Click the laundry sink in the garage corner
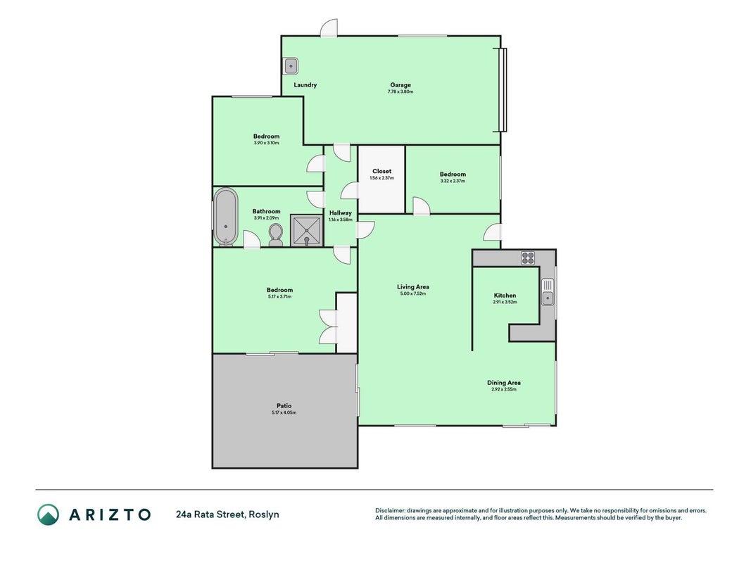pos(291,66)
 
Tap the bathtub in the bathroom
pos(226,217)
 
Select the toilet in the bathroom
pos(275,235)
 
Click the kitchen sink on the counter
pos(548,292)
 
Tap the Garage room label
pos(400,84)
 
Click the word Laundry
pos(305,84)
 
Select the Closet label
pos(381,171)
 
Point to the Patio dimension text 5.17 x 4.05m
pos(284,412)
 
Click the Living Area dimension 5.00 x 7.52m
pos(413,293)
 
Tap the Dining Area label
pos(504,383)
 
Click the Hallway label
pos(341,213)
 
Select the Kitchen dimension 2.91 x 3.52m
pos(505,302)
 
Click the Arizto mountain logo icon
pos(49,514)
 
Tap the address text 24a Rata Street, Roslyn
pos(227,514)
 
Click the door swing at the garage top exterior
pos(329,27)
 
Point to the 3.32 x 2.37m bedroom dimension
pos(453,181)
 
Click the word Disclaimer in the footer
pos(390,511)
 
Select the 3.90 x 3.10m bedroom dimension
pos(266,143)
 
